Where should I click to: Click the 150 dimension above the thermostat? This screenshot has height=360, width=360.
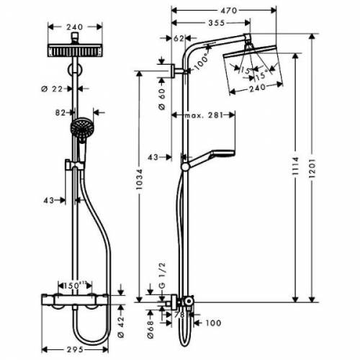73,284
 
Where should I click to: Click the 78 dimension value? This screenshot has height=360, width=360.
180,315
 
